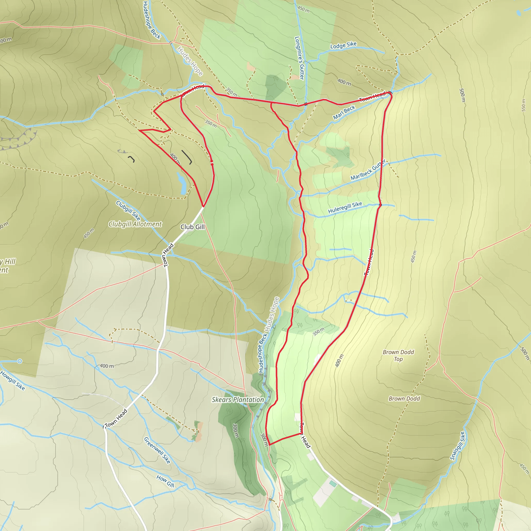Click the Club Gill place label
tap(192, 227)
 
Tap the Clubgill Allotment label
tap(135, 224)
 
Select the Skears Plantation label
tap(238, 400)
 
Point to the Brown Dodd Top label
tap(398, 355)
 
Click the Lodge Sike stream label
tap(343, 45)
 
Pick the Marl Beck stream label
tap(344, 113)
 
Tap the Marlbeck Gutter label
tap(368, 170)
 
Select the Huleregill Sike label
tap(345, 207)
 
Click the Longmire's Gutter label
tap(299, 58)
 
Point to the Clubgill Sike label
tap(128, 210)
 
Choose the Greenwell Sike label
tap(157, 450)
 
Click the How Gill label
tap(165, 481)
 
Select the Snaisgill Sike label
tap(457, 446)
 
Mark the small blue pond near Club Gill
tap(181, 183)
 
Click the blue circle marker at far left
tap(19, 361)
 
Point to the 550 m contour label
tap(523, 105)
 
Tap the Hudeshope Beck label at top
tap(151, 20)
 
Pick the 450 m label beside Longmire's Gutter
tap(303, 9)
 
